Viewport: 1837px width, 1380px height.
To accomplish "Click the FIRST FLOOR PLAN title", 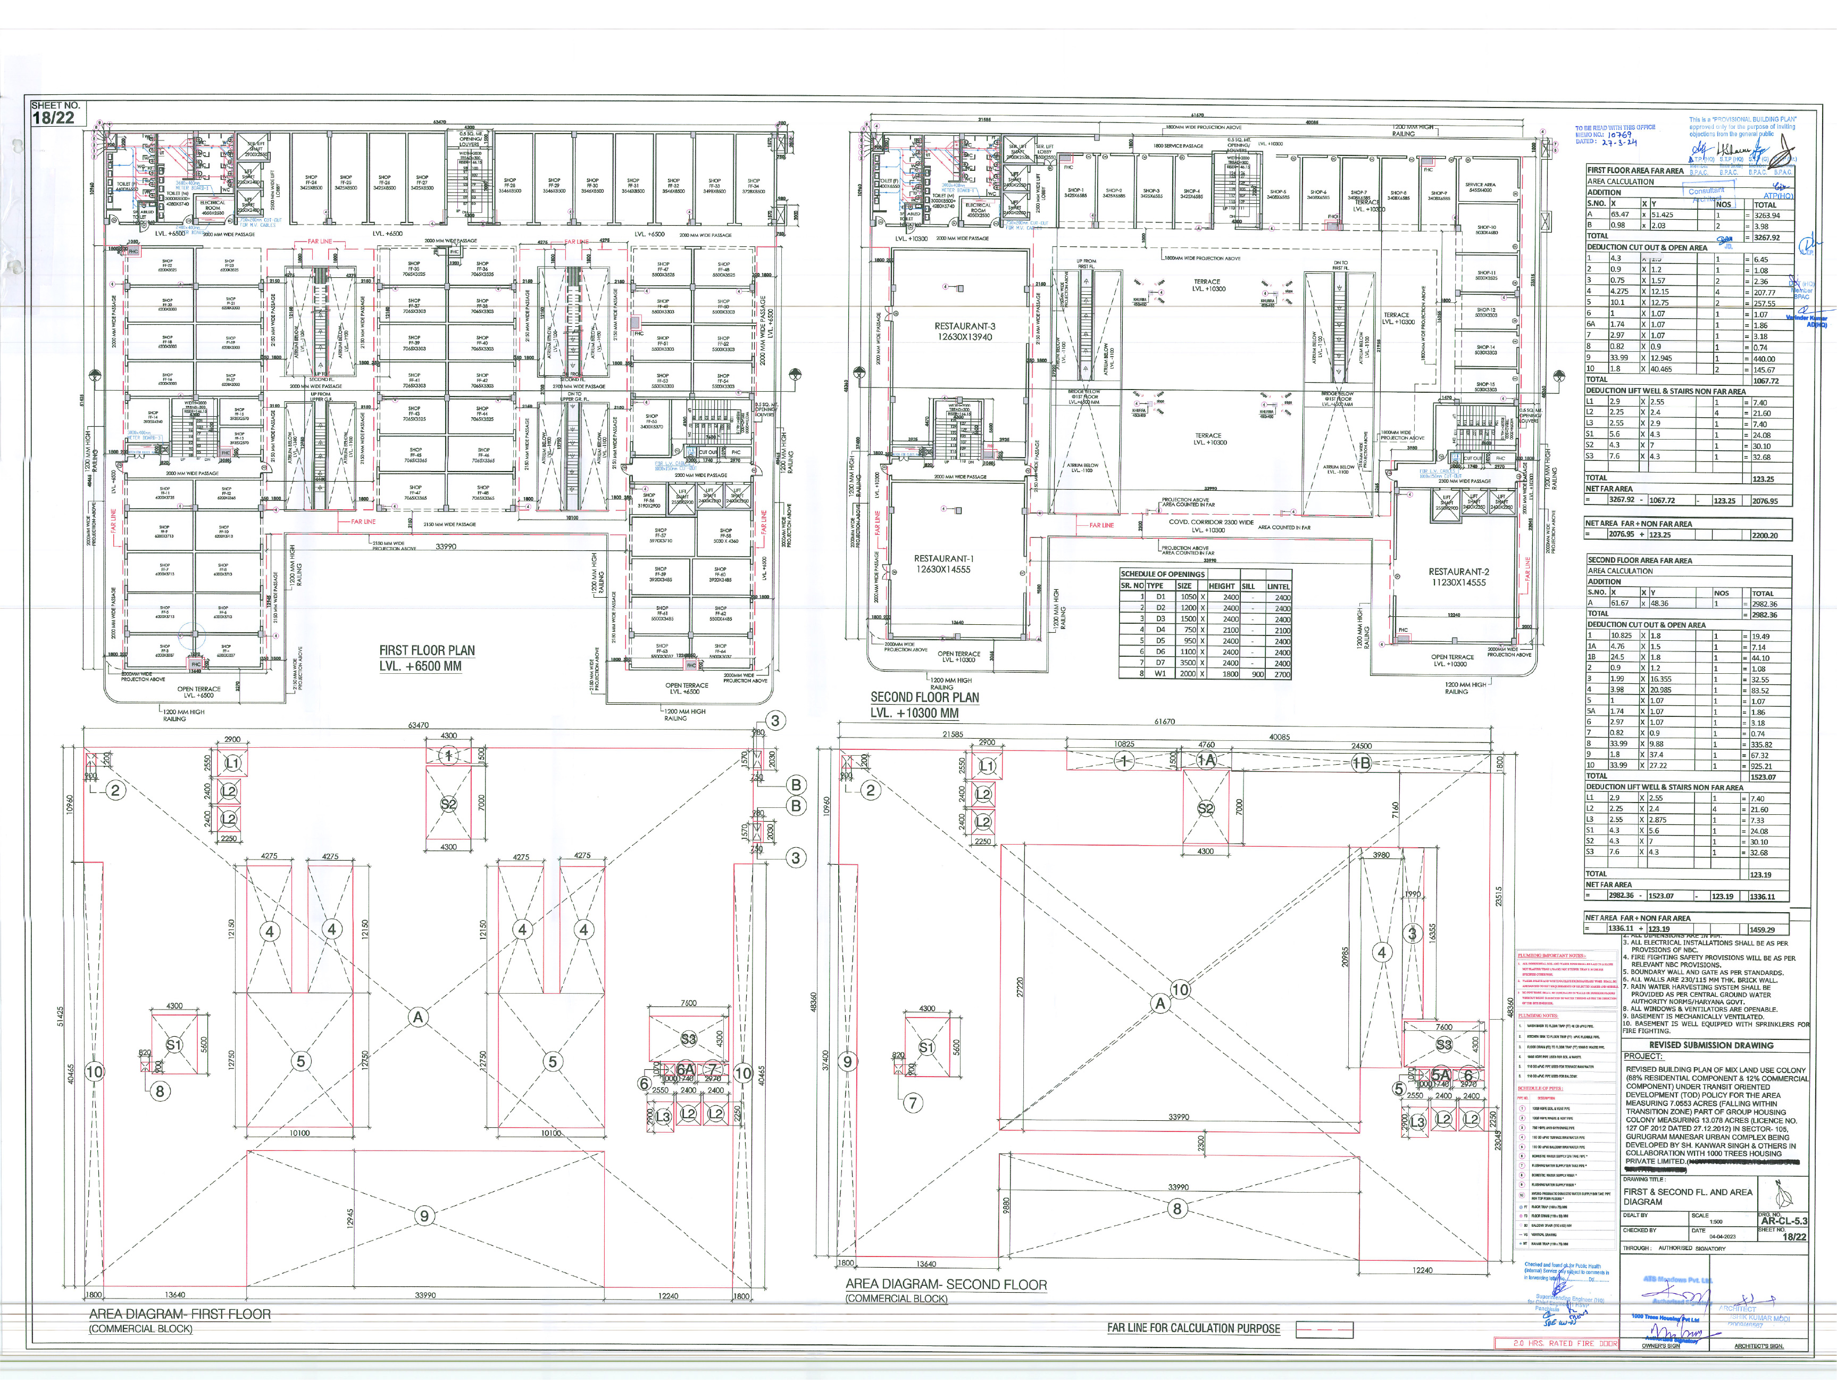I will click(x=427, y=650).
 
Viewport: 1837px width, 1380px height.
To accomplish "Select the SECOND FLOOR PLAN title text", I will click(x=924, y=698).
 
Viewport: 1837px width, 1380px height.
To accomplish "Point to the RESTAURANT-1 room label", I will click(x=943, y=559).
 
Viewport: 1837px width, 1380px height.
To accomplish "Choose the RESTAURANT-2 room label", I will click(x=1458, y=572).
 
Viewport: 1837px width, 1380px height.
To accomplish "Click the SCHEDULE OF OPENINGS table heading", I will click(x=1162, y=574).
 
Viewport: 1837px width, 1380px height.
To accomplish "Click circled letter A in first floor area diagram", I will click(x=417, y=1017).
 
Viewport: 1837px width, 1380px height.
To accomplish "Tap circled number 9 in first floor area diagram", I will click(x=424, y=1216).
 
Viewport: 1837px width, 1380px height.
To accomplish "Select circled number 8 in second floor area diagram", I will click(x=1177, y=1209).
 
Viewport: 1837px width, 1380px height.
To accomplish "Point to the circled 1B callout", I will click(x=1360, y=763).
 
